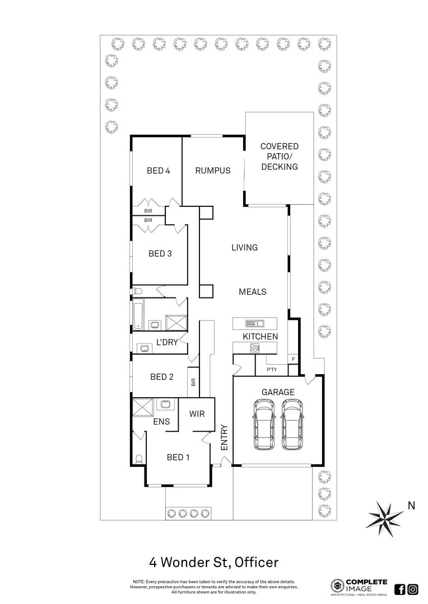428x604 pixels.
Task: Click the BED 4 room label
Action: (158, 171)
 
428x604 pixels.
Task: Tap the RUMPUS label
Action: (212, 171)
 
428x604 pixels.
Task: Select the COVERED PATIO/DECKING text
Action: (279, 157)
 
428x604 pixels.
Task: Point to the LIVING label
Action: (244, 247)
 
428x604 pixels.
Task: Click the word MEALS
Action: (252, 291)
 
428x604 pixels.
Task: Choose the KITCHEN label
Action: (260, 337)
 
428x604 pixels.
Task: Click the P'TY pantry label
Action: (272, 370)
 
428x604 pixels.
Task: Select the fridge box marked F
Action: (292, 358)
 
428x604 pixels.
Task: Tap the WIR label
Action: (197, 414)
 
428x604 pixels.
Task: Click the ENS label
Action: (162, 423)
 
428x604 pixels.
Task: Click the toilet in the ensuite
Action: (138, 459)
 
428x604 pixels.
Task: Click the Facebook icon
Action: (400, 589)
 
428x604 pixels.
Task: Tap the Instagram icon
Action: (413, 589)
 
